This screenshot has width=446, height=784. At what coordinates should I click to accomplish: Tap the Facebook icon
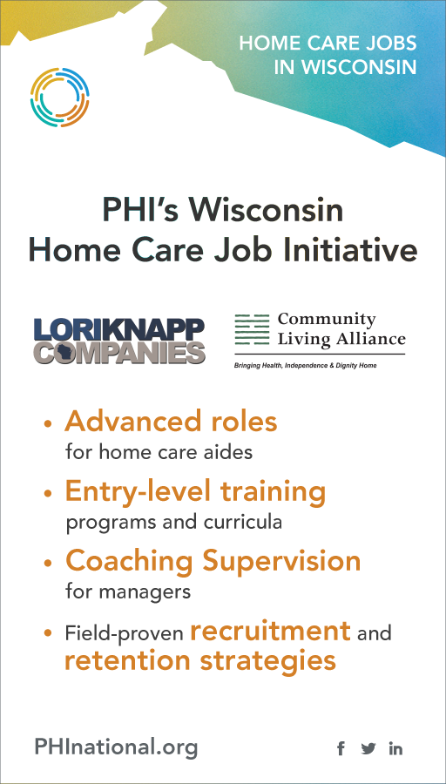point(341,748)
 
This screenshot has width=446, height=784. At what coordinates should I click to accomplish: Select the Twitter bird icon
point(368,748)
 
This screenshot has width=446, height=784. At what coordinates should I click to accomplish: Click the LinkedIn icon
point(395,748)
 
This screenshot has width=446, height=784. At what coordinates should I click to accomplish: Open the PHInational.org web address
point(116,748)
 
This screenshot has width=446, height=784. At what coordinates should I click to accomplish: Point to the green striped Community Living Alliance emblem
point(252,329)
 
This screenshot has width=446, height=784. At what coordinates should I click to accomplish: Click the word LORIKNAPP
point(119,329)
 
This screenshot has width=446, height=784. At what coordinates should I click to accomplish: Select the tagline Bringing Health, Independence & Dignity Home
point(306,366)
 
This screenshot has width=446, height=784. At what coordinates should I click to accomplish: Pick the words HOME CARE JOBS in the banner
point(328,43)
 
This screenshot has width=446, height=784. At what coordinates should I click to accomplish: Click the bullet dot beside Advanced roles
point(48,423)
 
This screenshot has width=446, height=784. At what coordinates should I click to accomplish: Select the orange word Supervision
point(282,561)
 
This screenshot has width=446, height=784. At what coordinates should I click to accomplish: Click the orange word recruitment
point(270,631)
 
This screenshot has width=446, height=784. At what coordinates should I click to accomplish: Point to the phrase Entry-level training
point(195,492)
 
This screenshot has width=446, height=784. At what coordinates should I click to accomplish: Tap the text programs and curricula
point(174,523)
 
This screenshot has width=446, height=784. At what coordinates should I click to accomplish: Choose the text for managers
point(128,591)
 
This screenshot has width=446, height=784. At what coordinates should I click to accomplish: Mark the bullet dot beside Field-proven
point(48,633)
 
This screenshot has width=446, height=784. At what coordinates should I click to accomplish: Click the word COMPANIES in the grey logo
point(119,352)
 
